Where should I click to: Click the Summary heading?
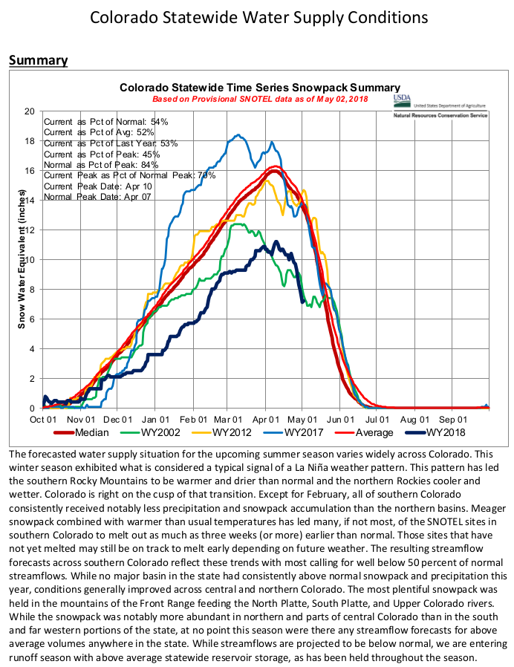[x=38, y=60]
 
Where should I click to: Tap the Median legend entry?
[x=85, y=432]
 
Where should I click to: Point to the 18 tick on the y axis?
[x=30, y=141]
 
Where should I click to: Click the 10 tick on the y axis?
[x=30, y=260]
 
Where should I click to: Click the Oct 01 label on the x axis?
[x=43, y=419]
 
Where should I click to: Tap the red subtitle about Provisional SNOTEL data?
[x=260, y=99]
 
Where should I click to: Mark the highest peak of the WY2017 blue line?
[x=238, y=135]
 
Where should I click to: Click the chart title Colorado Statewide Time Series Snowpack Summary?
[x=260, y=88]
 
